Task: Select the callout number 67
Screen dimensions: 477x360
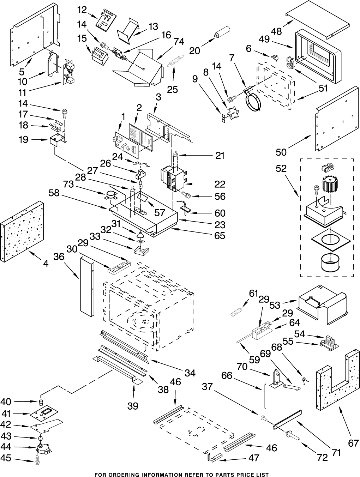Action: tap(353, 443)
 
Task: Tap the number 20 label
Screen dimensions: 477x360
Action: tap(194, 50)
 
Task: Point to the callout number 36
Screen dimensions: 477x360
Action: tap(59, 257)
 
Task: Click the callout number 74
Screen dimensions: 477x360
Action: tap(179, 42)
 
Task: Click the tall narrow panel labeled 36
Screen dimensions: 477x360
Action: tap(87, 286)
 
